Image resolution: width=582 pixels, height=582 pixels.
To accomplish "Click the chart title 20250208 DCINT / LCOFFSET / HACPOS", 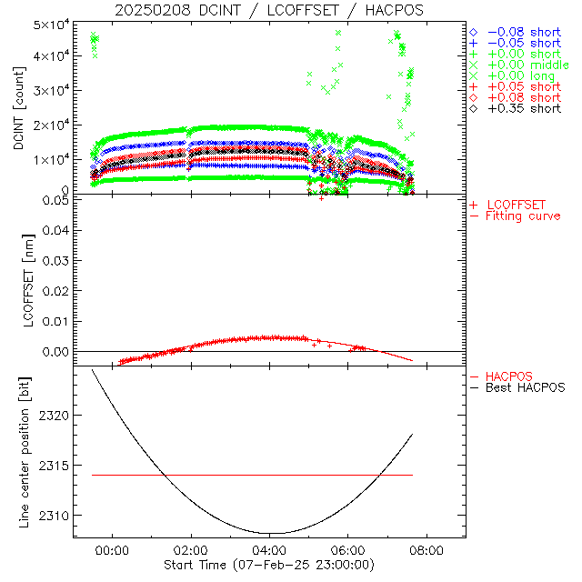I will (x=268, y=10).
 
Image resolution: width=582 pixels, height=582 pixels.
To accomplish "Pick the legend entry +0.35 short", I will (x=523, y=108).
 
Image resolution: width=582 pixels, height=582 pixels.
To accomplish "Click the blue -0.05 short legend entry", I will (x=523, y=43).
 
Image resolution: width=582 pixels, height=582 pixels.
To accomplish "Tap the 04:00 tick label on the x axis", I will (x=270, y=550).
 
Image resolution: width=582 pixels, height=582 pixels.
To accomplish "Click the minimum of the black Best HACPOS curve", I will (x=270, y=533).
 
